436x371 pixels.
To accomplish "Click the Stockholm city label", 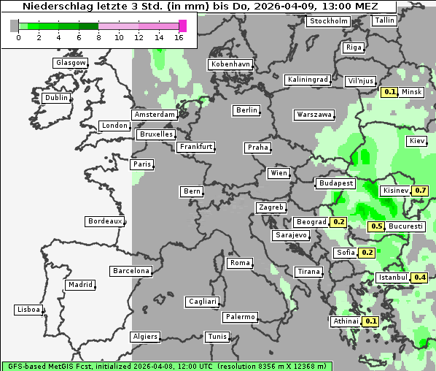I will tap(328, 21).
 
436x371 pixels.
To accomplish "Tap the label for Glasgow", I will tap(71, 63).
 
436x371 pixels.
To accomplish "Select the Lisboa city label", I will tap(28, 310).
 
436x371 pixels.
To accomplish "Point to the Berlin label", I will tap(246, 110).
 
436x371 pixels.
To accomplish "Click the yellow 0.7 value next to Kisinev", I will tap(420, 191).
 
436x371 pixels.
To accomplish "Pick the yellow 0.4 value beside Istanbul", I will tap(420, 278).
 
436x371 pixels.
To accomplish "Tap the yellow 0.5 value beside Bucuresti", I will tap(376, 226).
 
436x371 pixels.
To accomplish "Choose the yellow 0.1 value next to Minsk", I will tap(389, 92).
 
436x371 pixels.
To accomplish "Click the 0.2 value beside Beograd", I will tap(338, 222).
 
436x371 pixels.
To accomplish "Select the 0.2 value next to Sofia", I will tap(367, 253).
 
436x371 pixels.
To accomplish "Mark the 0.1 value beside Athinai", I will tap(370, 321).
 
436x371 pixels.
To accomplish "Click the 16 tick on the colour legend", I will tap(179, 37).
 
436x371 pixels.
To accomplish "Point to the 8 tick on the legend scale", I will tap(98, 37).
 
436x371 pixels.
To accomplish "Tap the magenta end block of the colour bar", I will tap(182, 26).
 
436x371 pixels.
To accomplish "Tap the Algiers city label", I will tap(144, 337).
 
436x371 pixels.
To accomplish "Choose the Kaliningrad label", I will tap(308, 79).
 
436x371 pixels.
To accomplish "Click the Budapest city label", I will tap(335, 183).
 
